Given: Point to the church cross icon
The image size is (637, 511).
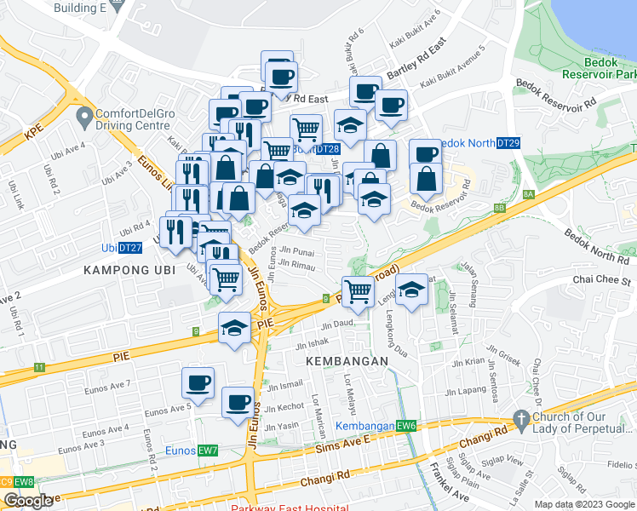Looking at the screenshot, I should [521, 418].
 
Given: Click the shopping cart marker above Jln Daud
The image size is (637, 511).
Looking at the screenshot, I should [359, 291].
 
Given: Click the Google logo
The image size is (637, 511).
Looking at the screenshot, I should [28, 501].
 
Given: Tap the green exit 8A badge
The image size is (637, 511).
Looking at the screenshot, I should [528, 195].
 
